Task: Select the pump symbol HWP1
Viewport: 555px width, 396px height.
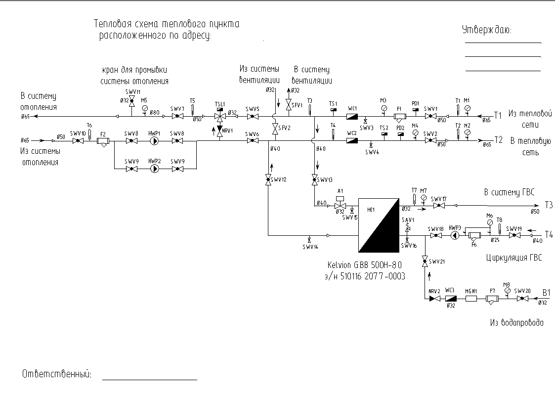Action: coord(155,141)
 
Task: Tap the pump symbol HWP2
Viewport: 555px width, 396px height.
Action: coord(155,169)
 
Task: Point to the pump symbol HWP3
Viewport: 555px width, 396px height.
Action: coord(455,236)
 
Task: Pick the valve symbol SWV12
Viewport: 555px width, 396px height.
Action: coord(268,180)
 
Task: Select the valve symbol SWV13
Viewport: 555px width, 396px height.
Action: coord(315,180)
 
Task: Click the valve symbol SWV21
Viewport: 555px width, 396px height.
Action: coord(425,262)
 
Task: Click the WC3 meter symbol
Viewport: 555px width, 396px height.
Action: coord(450,299)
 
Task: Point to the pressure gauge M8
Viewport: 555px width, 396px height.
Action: coord(507,291)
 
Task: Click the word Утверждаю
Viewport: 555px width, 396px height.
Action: coord(486,30)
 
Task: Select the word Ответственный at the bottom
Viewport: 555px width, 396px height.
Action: coord(57,374)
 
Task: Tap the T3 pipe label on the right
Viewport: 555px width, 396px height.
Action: coord(549,204)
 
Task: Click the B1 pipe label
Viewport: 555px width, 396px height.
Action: coord(546,293)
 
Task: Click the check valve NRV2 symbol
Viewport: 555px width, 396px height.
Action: coord(434,299)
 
